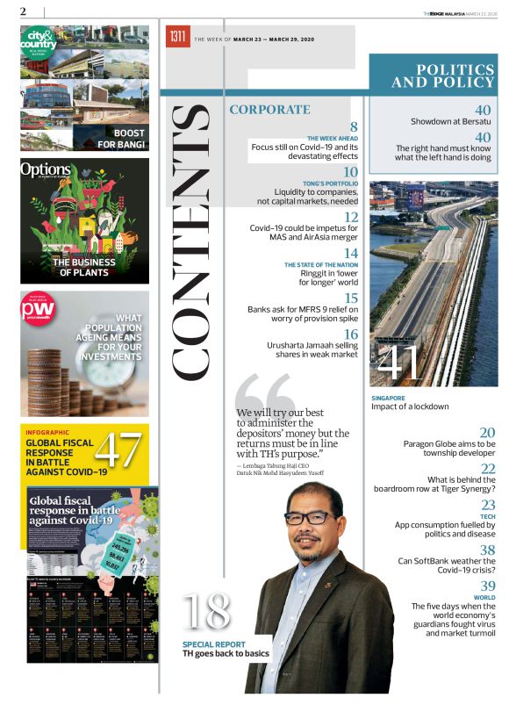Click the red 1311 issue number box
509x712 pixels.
[x=178, y=37]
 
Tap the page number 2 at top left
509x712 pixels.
[x=23, y=11]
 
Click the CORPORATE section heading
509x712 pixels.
[x=269, y=110]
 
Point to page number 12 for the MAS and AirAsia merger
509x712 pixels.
[x=350, y=217]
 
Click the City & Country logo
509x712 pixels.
[x=39, y=41]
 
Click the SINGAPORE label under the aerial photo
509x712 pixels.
[x=388, y=398]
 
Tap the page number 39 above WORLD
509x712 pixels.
[x=488, y=586]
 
